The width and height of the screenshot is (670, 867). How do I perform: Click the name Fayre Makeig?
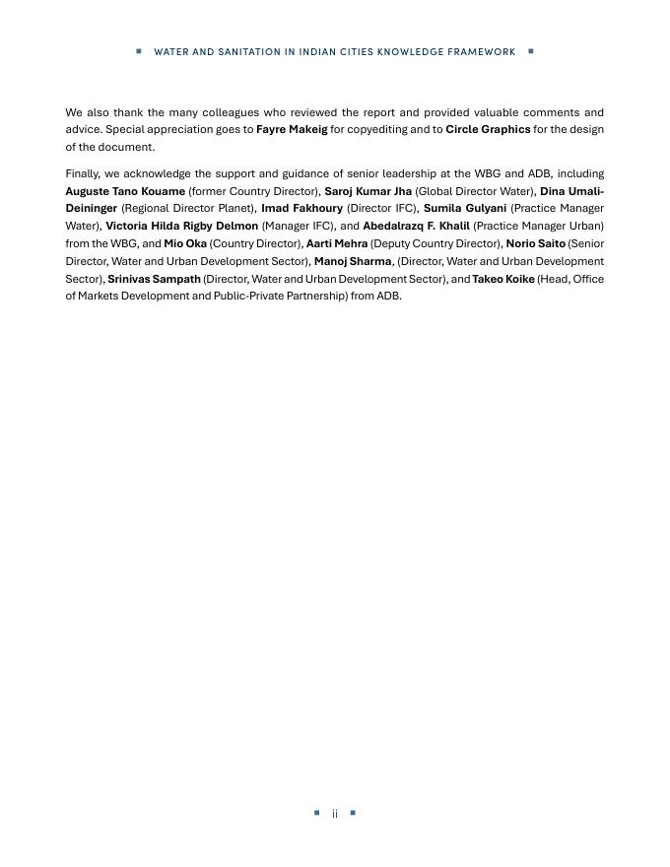292,129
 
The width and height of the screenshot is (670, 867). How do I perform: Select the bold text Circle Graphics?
488,129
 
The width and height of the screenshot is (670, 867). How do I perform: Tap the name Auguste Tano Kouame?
125,191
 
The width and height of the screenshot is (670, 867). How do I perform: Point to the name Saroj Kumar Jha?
368,191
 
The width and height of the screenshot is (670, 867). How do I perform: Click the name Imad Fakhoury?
301,209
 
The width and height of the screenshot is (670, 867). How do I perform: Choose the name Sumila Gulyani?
465,209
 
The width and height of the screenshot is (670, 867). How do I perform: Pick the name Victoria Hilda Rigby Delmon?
181,227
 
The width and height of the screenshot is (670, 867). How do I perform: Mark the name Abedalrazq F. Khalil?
416,227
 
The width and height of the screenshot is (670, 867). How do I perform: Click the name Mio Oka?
185,244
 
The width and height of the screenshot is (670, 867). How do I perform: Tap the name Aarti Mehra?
337,244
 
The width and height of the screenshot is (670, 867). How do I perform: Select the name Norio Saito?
536,244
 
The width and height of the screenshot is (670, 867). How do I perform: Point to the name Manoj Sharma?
353,262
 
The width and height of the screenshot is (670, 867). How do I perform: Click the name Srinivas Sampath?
154,280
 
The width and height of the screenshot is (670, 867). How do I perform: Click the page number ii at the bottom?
335,814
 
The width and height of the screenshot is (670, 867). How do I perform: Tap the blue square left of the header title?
139,51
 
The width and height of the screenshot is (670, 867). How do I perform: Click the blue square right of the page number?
353,813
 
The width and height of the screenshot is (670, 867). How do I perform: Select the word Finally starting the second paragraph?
82,173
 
